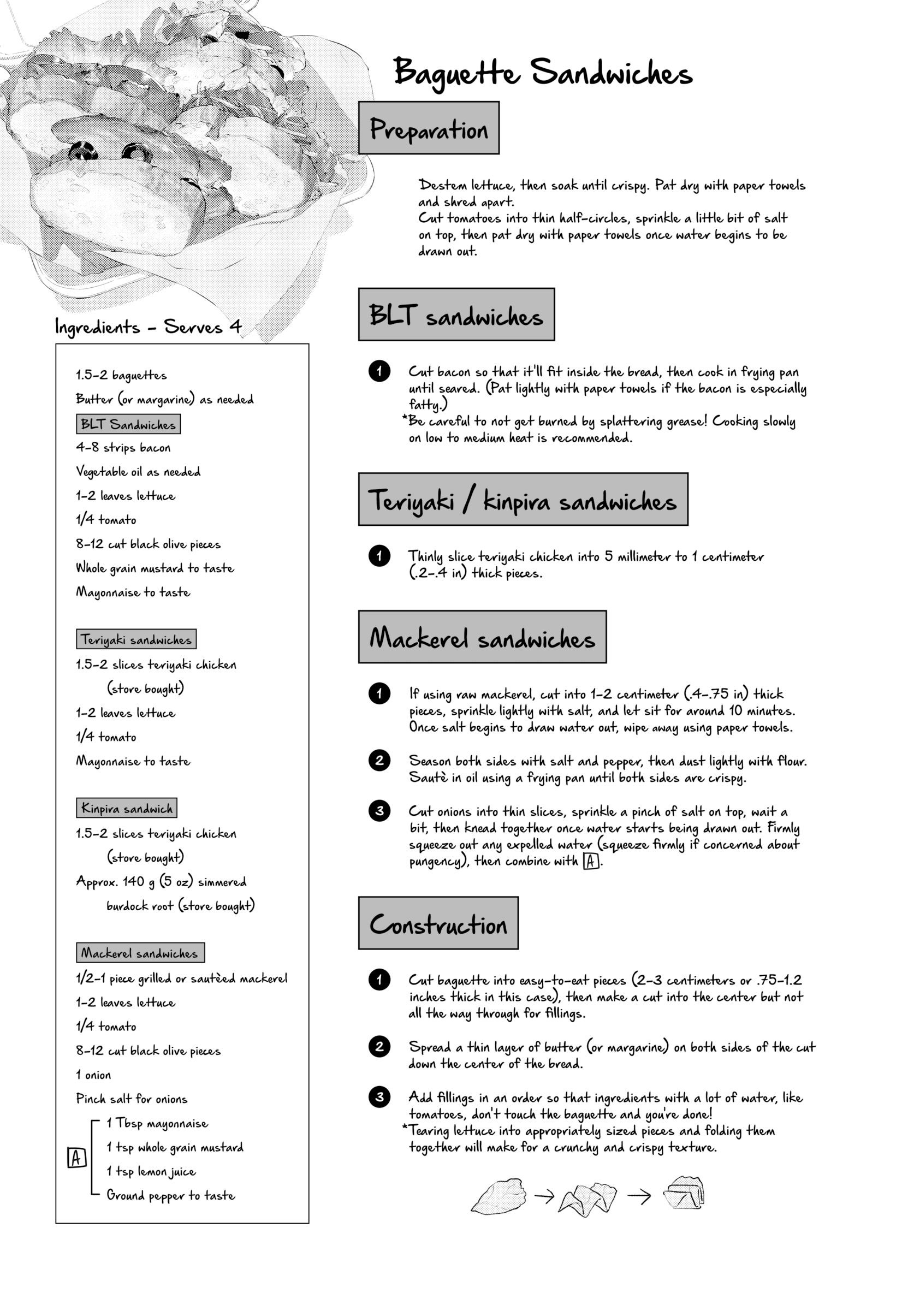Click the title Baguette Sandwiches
pyautogui.click(x=542, y=73)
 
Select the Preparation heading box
pyautogui.click(x=429, y=128)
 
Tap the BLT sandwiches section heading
pyautogui.click(x=456, y=315)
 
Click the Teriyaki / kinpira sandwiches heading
pyautogui.click(x=523, y=500)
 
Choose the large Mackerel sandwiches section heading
pyautogui.click(x=482, y=637)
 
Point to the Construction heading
pyautogui.click(x=438, y=923)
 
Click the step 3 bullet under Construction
pyautogui.click(x=379, y=1097)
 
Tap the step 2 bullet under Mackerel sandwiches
pyautogui.click(x=379, y=760)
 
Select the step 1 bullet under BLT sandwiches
pyautogui.click(x=379, y=371)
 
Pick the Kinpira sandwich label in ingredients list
pyautogui.click(x=127, y=808)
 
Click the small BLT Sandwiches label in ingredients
pyautogui.click(x=128, y=424)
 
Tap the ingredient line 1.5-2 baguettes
pyautogui.click(x=121, y=375)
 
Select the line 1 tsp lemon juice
pyautogui.click(x=151, y=1171)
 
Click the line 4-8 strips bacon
pyautogui.click(x=123, y=448)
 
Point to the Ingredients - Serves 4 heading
pyautogui.click(x=148, y=327)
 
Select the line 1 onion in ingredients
pyautogui.click(x=93, y=1075)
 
